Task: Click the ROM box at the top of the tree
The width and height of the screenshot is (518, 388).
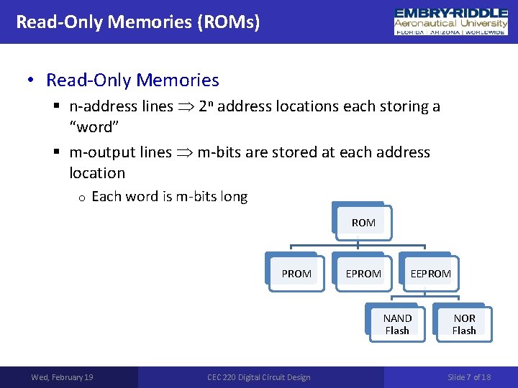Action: coord(363,223)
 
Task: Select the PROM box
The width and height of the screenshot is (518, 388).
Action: coord(296,273)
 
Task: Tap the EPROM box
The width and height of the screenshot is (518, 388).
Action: coord(363,273)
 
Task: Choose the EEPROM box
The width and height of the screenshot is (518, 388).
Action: coord(430,273)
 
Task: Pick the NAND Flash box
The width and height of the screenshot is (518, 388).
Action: coord(397,324)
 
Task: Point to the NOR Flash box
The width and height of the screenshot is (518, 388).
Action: coord(464,324)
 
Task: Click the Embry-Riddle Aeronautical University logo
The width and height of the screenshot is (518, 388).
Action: coord(451,22)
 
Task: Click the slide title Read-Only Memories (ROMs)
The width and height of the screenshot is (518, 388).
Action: coord(138,22)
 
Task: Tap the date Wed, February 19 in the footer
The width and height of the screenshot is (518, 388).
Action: coord(62,377)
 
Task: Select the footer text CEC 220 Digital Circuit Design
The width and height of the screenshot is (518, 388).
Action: coord(259,377)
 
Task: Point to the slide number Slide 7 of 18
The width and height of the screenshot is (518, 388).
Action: coord(469,377)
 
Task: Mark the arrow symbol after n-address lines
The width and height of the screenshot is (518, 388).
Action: coord(186,107)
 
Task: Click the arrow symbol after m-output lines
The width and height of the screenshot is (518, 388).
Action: coord(184,153)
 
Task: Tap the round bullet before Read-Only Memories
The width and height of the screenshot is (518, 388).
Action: coord(31,80)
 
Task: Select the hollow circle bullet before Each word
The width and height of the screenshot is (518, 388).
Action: coord(83,198)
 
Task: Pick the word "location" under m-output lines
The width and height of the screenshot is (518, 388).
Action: coord(97,172)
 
